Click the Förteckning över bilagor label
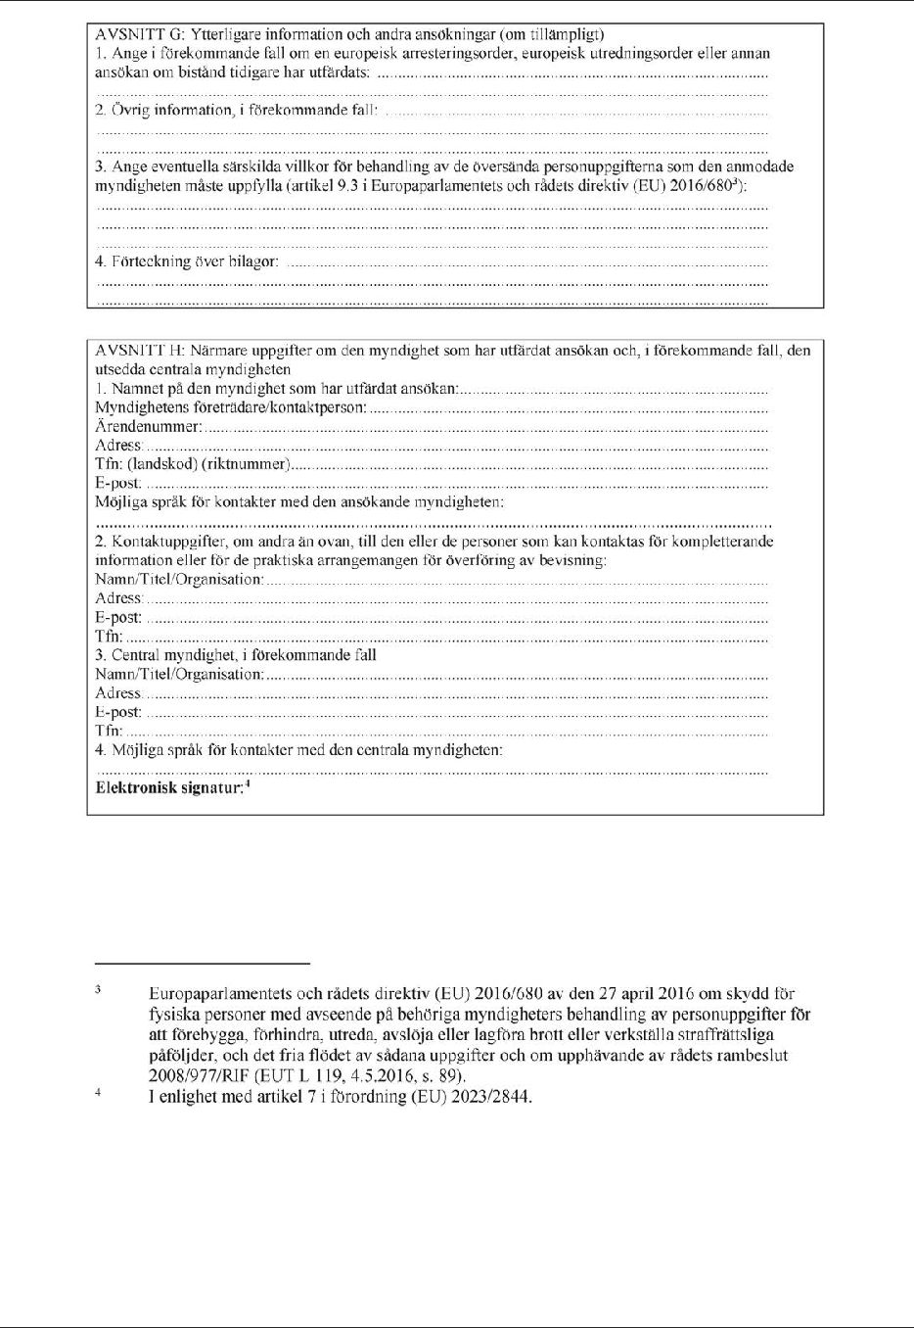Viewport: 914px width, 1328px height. coord(186,261)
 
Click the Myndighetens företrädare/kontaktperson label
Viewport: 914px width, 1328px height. coord(231,407)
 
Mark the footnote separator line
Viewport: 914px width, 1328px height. coord(202,964)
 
